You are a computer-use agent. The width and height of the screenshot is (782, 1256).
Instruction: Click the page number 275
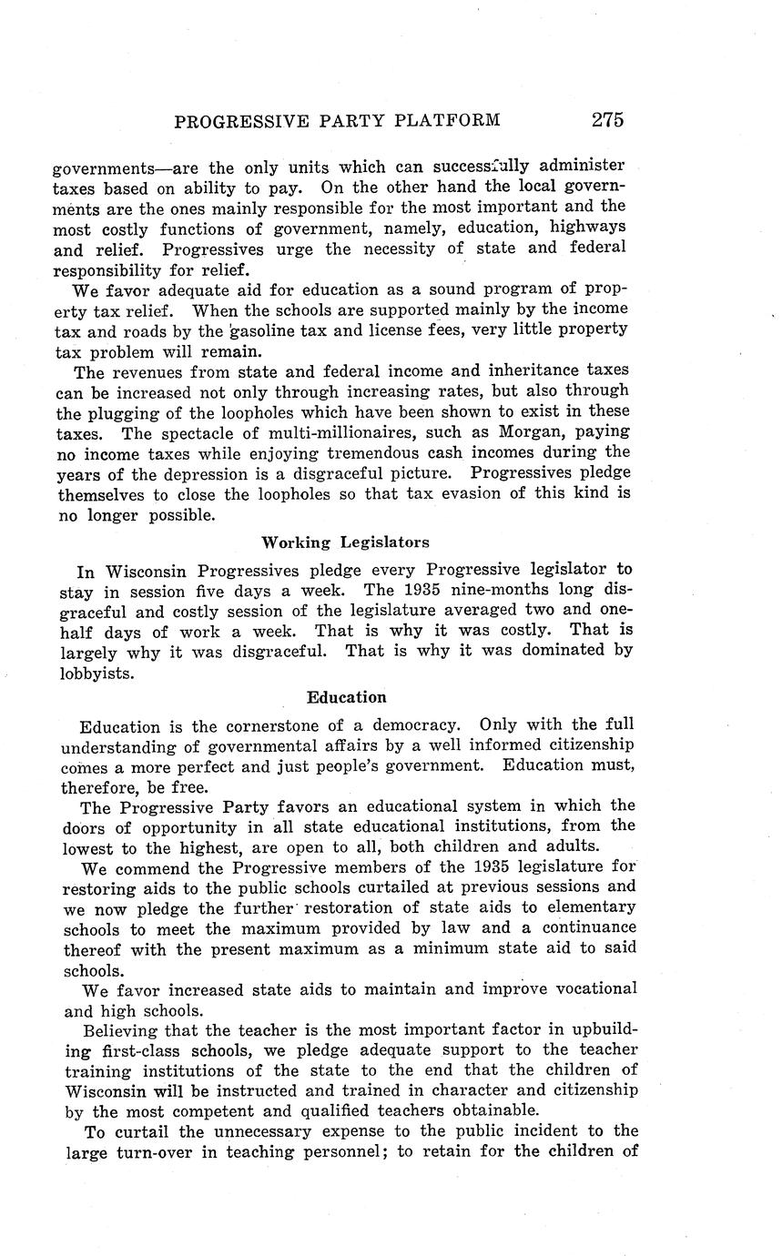[606, 120]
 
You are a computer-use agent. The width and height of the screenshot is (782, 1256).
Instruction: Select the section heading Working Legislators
[345, 542]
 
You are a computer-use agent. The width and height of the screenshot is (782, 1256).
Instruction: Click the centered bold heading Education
[346, 697]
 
